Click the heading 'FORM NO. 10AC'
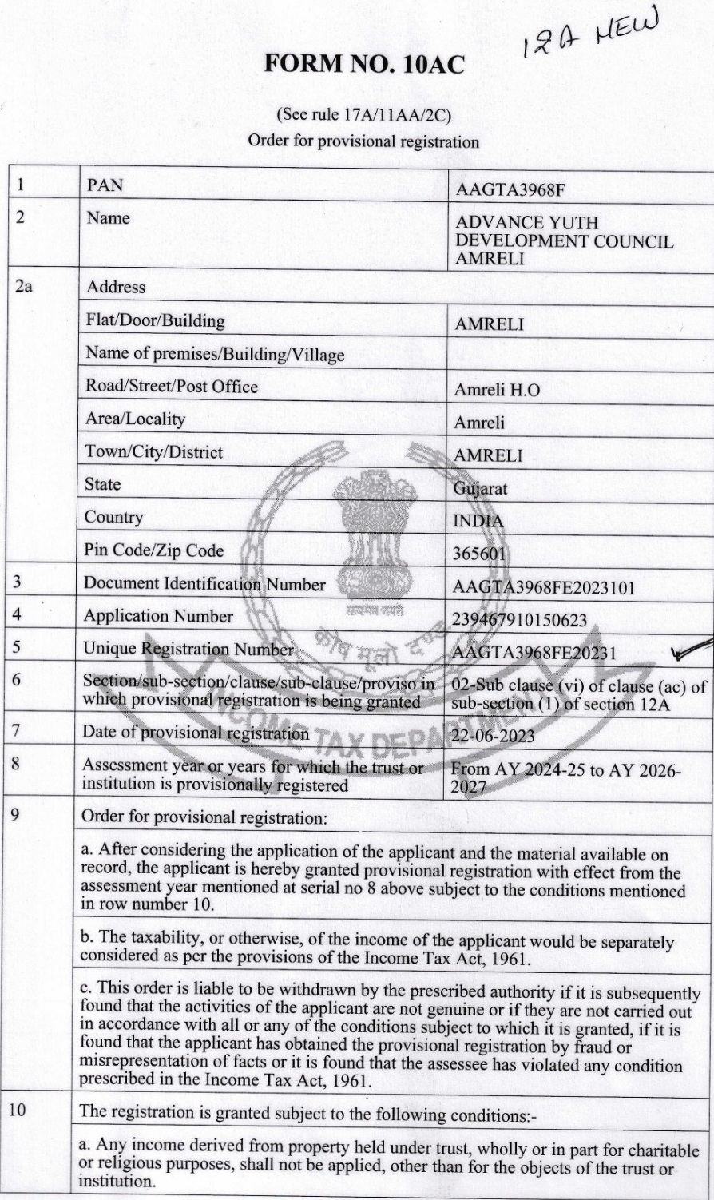tap(363, 65)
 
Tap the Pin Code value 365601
tap(481, 553)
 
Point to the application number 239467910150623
tap(519, 620)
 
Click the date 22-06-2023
tap(493, 736)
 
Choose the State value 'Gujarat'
tap(480, 488)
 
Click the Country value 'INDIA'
tap(478, 522)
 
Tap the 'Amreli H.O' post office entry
tap(497, 390)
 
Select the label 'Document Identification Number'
tap(204, 584)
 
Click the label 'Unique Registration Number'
tap(188, 649)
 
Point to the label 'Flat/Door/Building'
tap(156, 321)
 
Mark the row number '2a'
tap(25, 286)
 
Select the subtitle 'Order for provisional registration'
tap(363, 141)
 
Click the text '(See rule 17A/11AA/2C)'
tap(363, 115)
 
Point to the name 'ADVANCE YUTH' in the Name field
tap(526, 223)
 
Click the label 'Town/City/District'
tap(154, 452)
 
